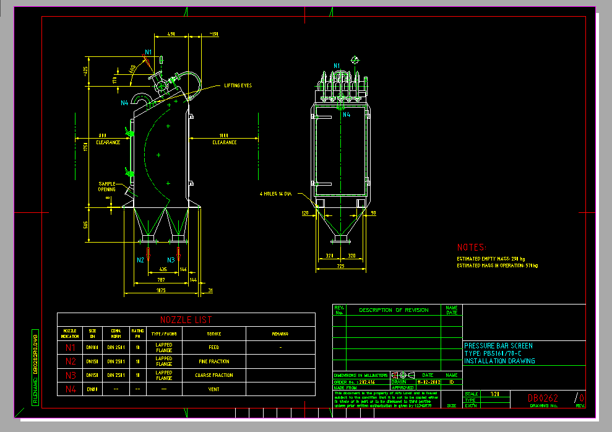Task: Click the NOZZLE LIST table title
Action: point(186,320)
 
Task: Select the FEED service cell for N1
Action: point(213,347)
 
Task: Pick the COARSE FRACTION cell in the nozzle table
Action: point(213,375)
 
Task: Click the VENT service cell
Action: point(213,389)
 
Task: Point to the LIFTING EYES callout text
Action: point(238,85)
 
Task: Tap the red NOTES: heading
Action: point(472,247)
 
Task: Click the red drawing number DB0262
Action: point(543,399)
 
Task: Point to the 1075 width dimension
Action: point(161,290)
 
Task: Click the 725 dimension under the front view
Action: point(340,266)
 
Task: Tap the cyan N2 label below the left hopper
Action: point(140,260)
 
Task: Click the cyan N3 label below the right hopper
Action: point(171,260)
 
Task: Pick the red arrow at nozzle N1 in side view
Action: point(146,60)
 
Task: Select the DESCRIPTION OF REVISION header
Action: point(394,309)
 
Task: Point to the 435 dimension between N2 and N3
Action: point(162,270)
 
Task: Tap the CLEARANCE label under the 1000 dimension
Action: point(225,142)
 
